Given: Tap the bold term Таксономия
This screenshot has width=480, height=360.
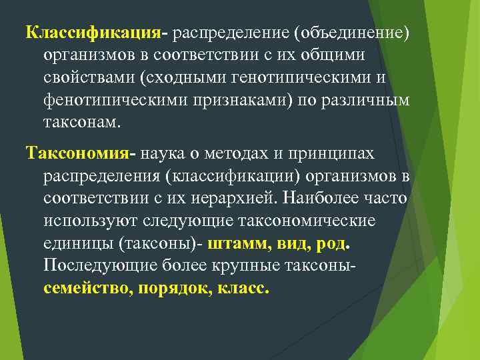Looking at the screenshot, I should click(x=79, y=154).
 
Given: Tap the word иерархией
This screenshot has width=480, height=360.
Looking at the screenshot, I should click(x=245, y=199).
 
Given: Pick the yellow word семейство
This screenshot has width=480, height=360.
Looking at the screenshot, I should click(x=86, y=290).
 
